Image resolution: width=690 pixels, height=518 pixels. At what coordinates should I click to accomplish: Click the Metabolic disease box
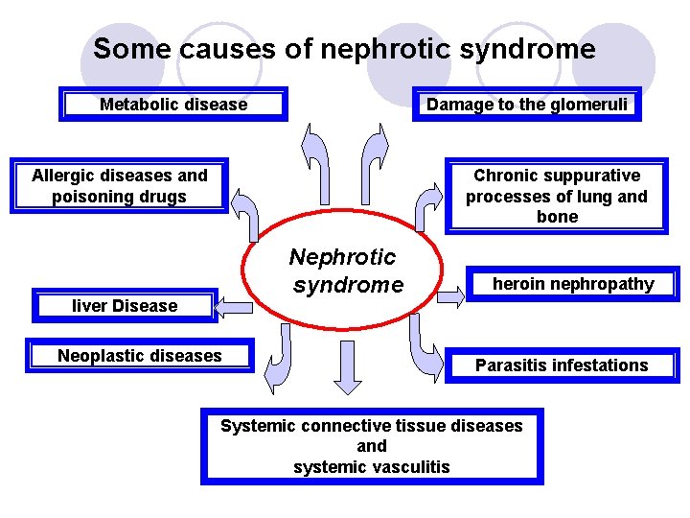173,105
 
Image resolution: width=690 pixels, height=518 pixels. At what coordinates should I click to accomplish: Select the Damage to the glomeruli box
527,105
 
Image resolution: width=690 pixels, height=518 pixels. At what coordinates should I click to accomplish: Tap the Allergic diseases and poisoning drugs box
119,186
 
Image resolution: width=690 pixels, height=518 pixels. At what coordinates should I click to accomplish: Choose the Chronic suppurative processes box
557,197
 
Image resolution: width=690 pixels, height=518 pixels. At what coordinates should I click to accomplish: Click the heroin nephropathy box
572,284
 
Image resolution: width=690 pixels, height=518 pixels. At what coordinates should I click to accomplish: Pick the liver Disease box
125,306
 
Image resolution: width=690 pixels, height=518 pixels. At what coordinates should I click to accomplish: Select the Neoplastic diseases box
140,356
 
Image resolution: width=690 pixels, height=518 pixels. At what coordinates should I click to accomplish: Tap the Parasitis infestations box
562,365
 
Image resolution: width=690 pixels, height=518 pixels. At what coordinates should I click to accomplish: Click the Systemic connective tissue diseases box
372,446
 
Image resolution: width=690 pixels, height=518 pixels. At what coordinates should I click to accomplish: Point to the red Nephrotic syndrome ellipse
342,271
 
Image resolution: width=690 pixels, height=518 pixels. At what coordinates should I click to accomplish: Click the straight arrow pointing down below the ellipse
347,365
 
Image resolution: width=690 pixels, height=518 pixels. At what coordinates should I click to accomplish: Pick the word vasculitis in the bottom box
408,467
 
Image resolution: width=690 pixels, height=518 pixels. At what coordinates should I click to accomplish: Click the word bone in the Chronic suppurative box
557,217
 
